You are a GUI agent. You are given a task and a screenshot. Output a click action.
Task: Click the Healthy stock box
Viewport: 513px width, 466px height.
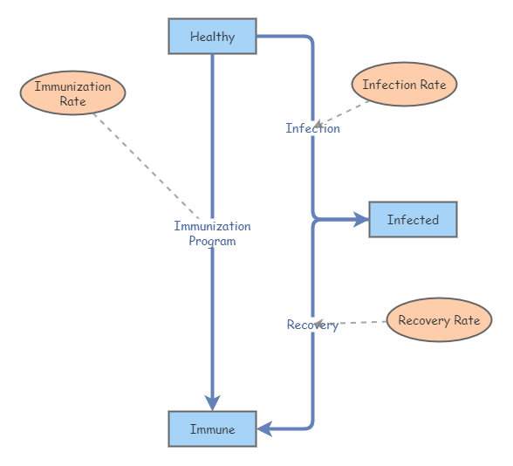212,37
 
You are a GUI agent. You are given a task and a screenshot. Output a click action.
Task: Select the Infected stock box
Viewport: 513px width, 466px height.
413,220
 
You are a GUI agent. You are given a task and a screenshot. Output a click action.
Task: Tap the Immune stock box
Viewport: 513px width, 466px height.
212,429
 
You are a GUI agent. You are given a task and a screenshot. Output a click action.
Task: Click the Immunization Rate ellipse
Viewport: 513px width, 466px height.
72,93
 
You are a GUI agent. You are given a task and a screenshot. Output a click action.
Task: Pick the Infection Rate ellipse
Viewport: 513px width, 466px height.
404,86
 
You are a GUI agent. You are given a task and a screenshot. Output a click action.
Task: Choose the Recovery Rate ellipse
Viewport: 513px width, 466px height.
439,320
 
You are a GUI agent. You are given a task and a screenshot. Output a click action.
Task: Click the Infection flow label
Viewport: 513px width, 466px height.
312,128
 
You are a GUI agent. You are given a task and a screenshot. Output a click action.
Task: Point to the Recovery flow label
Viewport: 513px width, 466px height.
311,325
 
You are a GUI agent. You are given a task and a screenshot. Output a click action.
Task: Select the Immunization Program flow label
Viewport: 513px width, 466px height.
212,233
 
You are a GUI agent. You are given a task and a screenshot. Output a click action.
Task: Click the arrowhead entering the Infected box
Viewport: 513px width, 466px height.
361,220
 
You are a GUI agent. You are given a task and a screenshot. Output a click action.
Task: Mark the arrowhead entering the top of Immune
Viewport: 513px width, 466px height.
212,402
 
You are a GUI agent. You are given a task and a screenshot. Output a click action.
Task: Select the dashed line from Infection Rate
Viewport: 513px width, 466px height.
345,113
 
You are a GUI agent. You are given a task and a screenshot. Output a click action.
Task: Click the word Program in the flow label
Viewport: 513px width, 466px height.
212,241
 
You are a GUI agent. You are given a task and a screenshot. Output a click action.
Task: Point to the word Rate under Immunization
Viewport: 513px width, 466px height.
72,101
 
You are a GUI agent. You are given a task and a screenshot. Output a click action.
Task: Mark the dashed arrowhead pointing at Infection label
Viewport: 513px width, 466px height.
320,125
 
